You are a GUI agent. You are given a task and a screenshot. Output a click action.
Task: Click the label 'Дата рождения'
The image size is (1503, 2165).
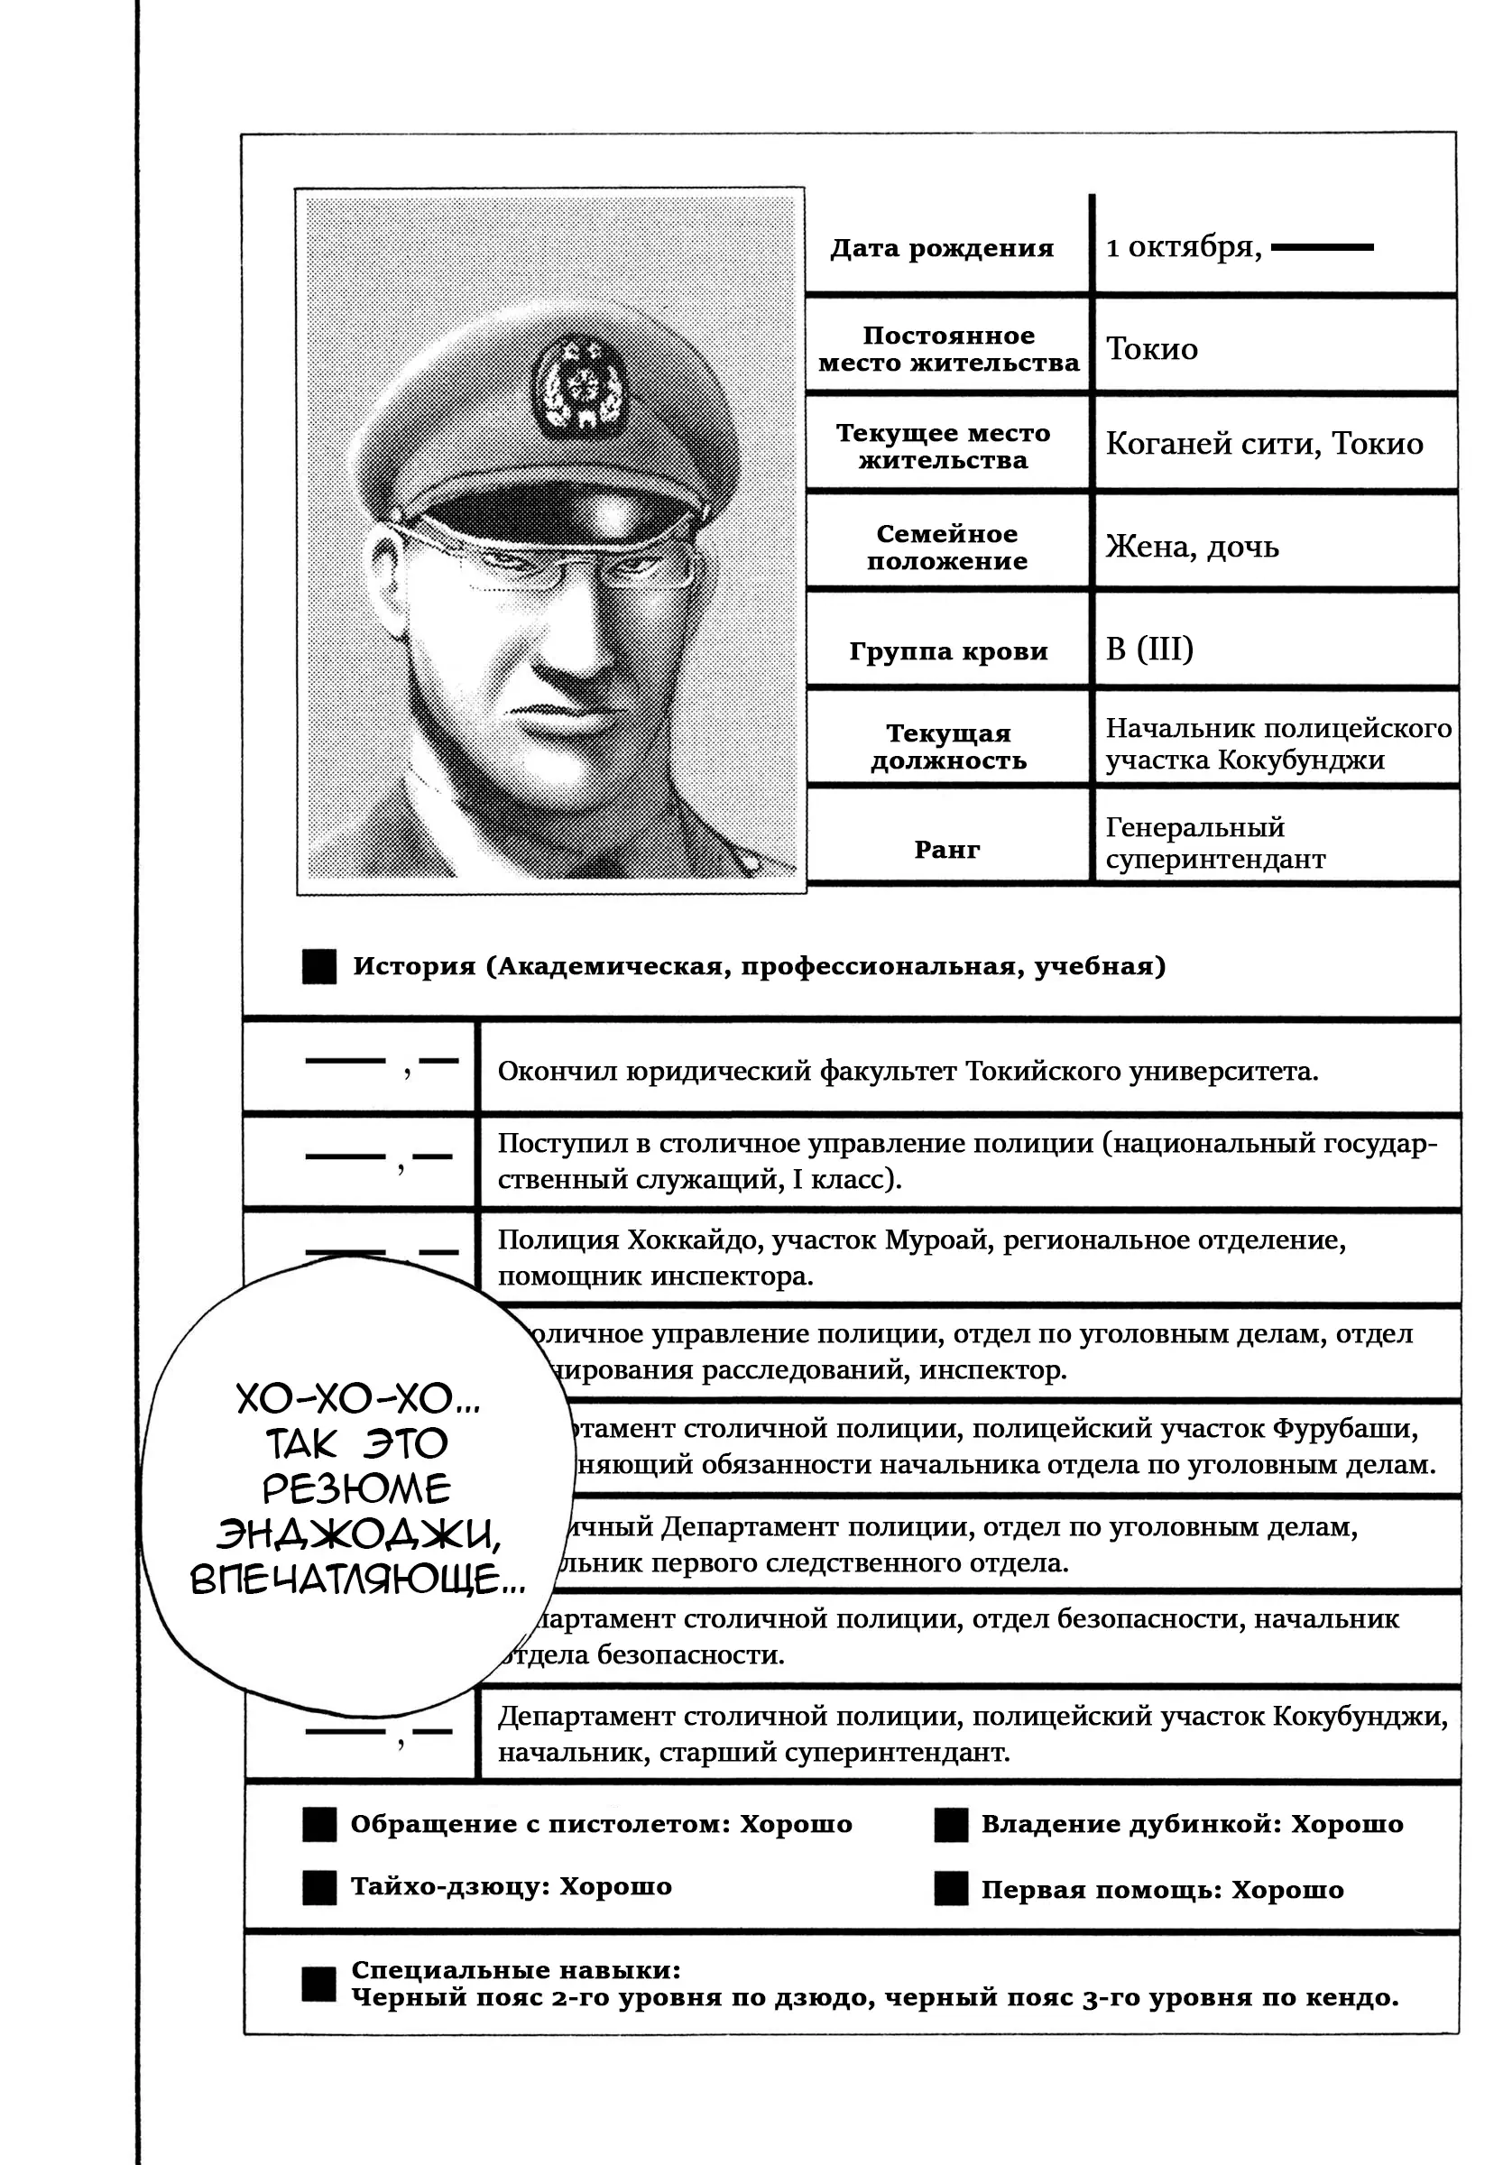[x=942, y=249]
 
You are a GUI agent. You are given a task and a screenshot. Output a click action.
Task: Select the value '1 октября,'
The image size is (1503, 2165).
[x=1183, y=248]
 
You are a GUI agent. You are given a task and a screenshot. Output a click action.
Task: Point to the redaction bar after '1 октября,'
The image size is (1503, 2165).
[x=1322, y=248]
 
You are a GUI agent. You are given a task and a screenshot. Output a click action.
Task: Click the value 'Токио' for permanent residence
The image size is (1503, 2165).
[x=1152, y=349]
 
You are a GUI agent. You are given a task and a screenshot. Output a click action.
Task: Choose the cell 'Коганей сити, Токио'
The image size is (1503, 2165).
[x=1264, y=444]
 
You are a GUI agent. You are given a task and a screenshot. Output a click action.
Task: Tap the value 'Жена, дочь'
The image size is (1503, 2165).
[x=1191, y=546]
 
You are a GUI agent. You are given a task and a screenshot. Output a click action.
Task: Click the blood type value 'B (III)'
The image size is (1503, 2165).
[x=1149, y=649]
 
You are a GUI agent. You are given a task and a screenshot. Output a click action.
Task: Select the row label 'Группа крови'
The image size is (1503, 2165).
[x=947, y=650]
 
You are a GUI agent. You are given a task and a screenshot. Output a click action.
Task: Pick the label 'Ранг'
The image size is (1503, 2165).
[x=946, y=850]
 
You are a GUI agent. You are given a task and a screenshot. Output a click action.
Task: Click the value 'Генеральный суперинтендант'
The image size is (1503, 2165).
[x=1215, y=843]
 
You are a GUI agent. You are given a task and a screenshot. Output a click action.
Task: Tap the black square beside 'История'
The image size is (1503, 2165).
[x=319, y=967]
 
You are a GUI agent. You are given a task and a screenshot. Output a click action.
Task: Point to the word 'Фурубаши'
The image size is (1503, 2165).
[x=1345, y=1429]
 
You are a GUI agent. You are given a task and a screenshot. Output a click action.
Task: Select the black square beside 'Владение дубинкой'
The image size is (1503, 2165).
[x=951, y=1824]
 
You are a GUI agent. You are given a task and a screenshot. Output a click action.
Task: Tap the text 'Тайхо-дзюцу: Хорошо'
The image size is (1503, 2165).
[x=511, y=1886]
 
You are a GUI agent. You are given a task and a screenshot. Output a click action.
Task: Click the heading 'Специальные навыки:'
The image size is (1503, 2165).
[x=515, y=1969]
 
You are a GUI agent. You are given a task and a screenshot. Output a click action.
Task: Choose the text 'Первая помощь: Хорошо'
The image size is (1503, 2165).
[x=1162, y=1890]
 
